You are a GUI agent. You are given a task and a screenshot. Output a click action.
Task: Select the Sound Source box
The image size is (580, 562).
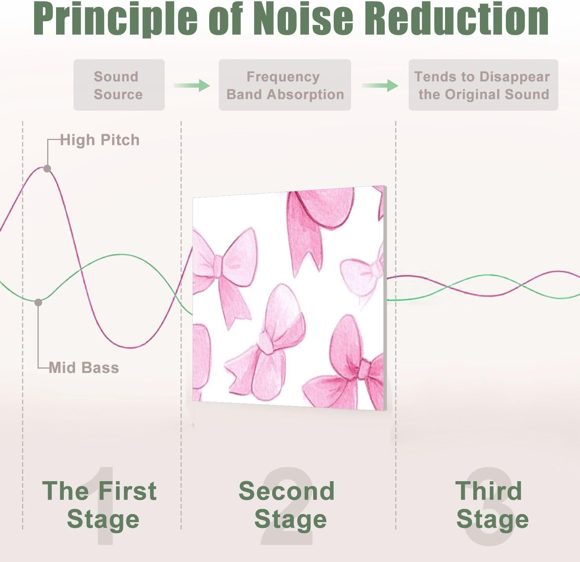tap(119, 85)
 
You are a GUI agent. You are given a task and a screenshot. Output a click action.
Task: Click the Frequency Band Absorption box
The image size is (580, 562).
tap(285, 85)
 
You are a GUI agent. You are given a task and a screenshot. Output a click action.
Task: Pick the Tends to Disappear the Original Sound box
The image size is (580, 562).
tap(483, 85)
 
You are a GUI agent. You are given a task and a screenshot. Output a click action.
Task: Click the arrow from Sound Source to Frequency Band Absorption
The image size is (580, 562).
tap(192, 85)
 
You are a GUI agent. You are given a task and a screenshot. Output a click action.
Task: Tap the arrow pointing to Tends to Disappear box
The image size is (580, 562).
tap(380, 85)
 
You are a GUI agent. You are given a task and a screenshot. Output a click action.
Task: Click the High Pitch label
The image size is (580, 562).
tap(100, 140)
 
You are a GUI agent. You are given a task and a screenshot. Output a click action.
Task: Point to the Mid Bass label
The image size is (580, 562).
tap(84, 367)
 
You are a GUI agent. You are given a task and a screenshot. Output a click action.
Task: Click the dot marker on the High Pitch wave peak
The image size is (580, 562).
tap(47, 169)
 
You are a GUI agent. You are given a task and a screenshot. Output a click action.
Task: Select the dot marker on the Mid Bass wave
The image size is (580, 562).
tap(38, 302)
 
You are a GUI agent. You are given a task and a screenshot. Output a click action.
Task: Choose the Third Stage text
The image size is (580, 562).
tap(491, 505)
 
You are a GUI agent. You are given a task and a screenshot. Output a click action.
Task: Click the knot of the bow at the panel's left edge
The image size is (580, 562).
tap(217, 266)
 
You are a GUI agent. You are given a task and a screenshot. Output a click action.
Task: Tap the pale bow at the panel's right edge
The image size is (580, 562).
tap(363, 275)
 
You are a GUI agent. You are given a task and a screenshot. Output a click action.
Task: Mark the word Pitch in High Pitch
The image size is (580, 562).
tap(120, 140)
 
